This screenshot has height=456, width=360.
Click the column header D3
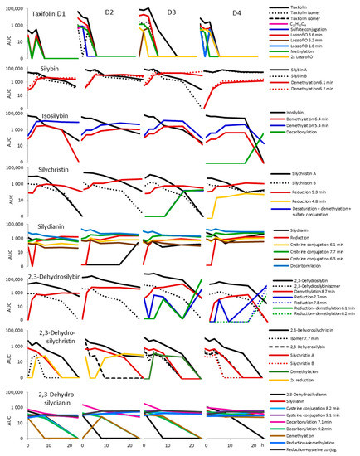(168, 12)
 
